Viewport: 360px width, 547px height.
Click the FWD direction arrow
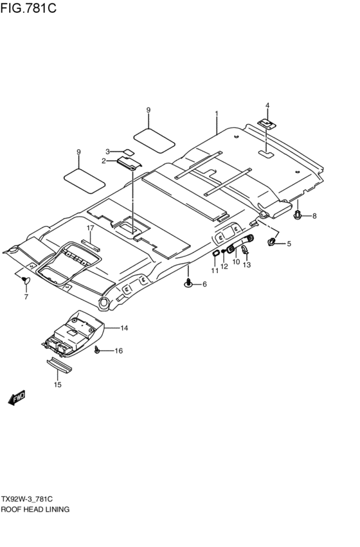[x=17, y=398]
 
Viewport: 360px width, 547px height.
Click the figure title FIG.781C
[x=28, y=8]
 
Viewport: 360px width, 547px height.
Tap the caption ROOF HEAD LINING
[x=35, y=509]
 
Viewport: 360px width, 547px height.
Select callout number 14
[x=124, y=328]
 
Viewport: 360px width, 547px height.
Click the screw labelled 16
[x=97, y=350]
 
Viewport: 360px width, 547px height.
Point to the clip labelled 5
[x=272, y=242]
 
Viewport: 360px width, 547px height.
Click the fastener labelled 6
[x=189, y=283]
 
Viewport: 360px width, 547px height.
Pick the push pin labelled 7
[x=26, y=280]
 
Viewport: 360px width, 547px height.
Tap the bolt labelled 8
[x=298, y=215]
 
